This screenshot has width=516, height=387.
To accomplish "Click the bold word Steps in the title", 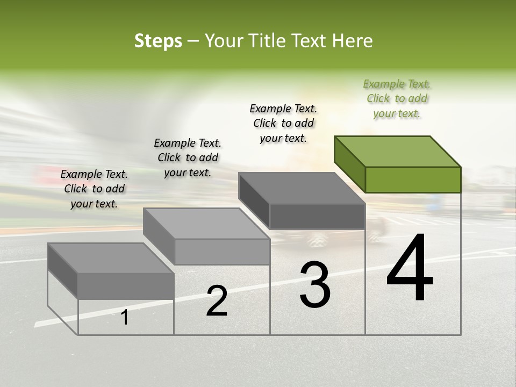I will [x=158, y=41].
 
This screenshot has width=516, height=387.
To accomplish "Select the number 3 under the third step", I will [x=315, y=285].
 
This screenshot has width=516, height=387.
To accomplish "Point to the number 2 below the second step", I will [x=217, y=302].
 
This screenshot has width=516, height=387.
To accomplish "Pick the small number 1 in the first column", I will [x=125, y=318].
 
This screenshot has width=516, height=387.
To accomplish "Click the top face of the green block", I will [x=398, y=151].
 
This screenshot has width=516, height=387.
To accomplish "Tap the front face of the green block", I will [x=413, y=180].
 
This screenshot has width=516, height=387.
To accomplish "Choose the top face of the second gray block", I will [x=206, y=224].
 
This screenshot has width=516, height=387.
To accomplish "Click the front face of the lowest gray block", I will [x=126, y=285].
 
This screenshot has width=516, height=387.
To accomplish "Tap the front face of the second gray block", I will [x=222, y=252].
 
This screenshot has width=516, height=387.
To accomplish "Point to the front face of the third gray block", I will [x=317, y=216].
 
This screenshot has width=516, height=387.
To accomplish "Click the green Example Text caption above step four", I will [x=397, y=98].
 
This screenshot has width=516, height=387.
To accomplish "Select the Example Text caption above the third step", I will [x=283, y=123].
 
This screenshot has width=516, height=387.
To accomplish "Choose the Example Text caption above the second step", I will [x=188, y=157].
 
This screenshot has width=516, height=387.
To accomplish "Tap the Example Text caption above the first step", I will [x=94, y=189].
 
